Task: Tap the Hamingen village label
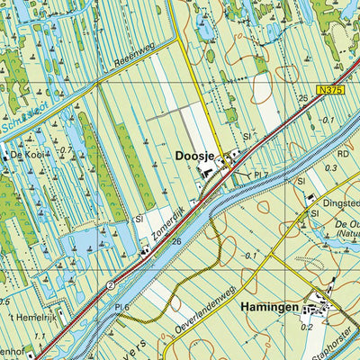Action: click(x=266, y=307)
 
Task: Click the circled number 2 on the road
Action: click(x=110, y=283)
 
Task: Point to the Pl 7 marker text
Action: click(x=261, y=172)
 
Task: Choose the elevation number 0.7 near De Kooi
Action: click(x=67, y=150)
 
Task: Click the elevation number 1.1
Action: click(x=40, y=337)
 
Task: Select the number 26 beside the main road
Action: click(x=177, y=241)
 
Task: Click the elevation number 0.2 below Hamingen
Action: click(x=308, y=328)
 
